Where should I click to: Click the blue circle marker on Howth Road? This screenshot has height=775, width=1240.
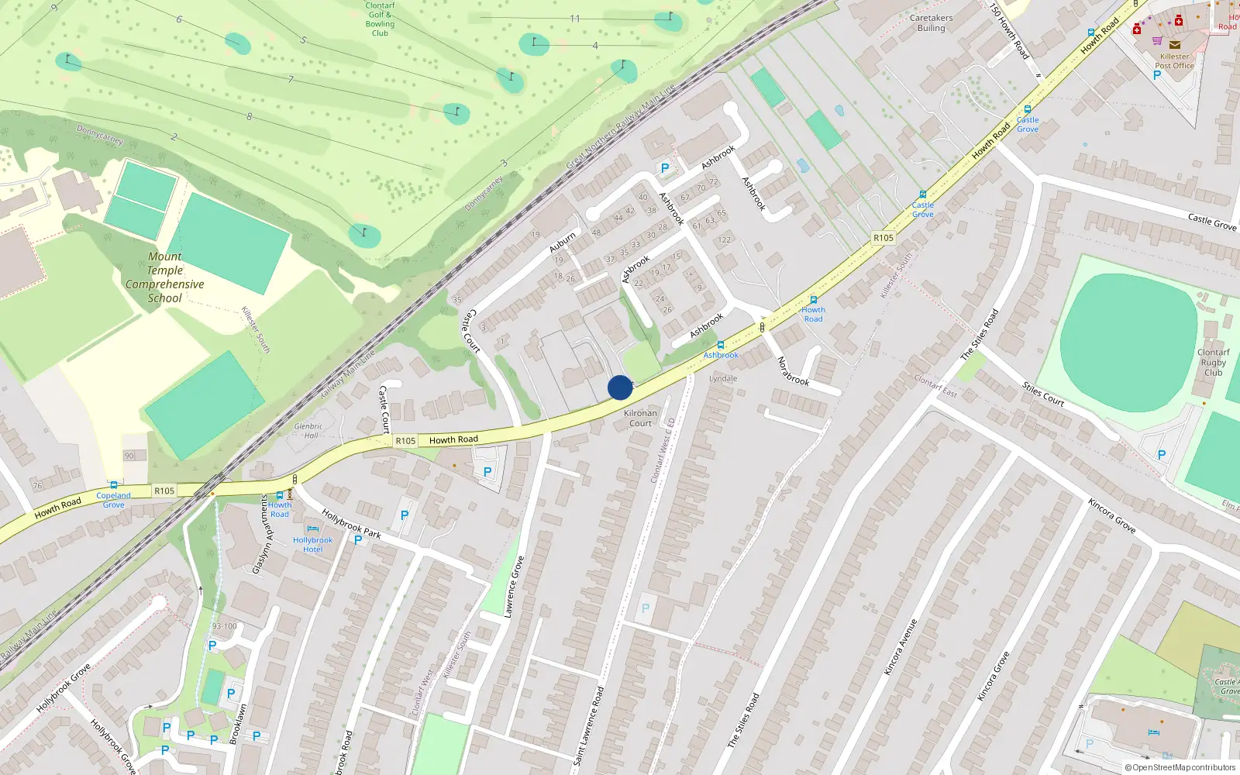click(620, 387)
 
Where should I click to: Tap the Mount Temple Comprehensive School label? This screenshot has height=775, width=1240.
click(165, 277)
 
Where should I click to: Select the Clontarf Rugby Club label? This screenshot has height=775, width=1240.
click(1213, 363)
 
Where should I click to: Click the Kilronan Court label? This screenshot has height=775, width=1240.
click(640, 418)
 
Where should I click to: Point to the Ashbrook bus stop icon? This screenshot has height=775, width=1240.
click(721, 345)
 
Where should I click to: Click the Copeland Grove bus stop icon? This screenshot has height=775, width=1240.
click(114, 485)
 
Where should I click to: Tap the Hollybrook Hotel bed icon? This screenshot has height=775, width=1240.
click(312, 529)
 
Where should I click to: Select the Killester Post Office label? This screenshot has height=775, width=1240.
click(1174, 61)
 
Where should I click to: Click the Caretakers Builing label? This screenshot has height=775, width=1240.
click(931, 23)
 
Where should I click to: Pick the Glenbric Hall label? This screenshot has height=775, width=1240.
click(308, 431)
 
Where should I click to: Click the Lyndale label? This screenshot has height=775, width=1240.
click(723, 379)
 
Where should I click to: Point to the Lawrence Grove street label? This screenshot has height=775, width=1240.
click(514, 587)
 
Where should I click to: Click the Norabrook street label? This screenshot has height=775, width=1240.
click(793, 371)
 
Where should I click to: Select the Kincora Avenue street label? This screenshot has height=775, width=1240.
click(901, 647)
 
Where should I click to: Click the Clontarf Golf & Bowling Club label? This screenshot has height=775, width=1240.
click(380, 19)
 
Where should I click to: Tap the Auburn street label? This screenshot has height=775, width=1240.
click(563, 243)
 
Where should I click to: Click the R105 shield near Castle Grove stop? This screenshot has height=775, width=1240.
click(883, 238)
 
